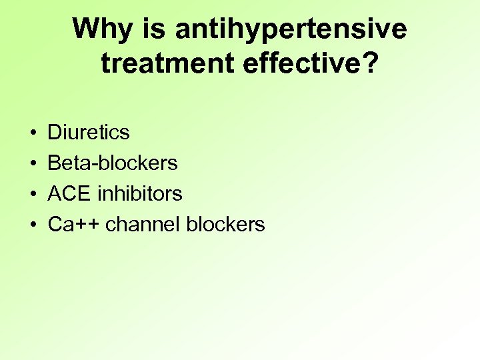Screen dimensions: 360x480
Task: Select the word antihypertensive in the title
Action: coord(291,30)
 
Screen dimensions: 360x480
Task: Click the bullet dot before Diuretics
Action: coord(33,133)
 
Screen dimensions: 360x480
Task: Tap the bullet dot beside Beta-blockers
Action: coord(33,163)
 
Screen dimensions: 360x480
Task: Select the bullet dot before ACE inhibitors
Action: coord(33,194)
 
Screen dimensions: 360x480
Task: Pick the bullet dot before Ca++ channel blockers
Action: coord(33,225)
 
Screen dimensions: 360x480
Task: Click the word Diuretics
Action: coord(89,132)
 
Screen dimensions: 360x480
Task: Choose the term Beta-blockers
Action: coord(113,163)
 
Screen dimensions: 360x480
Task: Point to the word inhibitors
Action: coord(140,193)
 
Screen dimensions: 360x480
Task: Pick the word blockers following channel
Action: coord(225,224)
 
